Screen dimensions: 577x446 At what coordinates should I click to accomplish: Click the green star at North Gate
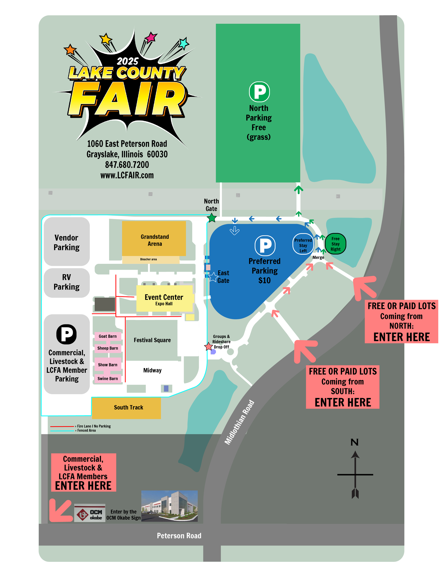[212, 218]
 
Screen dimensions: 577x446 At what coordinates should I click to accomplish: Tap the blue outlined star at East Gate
[213, 277]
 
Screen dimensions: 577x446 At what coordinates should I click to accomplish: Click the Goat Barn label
[108, 336]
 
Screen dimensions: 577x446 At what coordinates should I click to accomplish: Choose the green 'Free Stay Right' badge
[335, 244]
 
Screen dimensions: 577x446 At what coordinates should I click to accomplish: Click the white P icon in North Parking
[259, 92]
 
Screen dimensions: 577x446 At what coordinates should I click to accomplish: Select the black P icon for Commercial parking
[67, 334]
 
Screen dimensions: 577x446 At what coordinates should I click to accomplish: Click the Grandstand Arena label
[154, 240]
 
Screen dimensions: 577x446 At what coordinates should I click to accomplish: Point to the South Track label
[128, 407]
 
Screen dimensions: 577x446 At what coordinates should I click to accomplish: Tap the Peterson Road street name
[179, 535]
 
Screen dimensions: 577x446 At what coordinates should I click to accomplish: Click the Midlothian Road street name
[239, 422]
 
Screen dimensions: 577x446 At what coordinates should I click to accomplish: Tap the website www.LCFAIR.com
[127, 175]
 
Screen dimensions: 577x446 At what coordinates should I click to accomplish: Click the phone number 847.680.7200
[127, 165]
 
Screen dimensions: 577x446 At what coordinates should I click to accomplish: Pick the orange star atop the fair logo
[70, 49]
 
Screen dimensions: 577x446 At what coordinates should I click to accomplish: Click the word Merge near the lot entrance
[318, 258]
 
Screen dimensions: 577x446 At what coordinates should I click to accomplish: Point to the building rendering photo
[169, 506]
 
